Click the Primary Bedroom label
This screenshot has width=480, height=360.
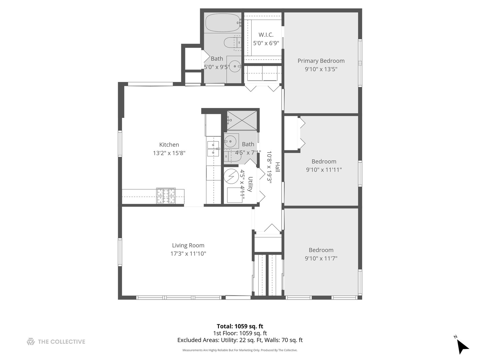pyautogui.click(x=321, y=61)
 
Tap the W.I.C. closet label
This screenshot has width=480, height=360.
pyautogui.click(x=266, y=35)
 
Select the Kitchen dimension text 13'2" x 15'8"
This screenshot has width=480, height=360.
pyautogui.click(x=169, y=153)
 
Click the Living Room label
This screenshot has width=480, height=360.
pyautogui.click(x=188, y=245)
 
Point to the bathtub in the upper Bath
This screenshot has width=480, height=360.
pyautogui.click(x=222, y=23)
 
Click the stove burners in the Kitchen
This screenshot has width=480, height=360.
pyautogui.click(x=166, y=196)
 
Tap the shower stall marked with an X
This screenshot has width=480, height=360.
pyautogui.click(x=242, y=120)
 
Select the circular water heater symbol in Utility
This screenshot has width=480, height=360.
pyautogui.click(x=230, y=176)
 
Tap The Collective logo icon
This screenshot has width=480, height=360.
pyautogui.click(x=31, y=341)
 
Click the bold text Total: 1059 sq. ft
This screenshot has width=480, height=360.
pyautogui.click(x=240, y=326)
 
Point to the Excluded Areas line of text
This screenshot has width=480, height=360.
pyautogui.click(x=240, y=340)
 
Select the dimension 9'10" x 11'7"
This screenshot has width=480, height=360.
pyautogui.click(x=321, y=258)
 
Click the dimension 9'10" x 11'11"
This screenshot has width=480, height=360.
pyautogui.click(x=324, y=170)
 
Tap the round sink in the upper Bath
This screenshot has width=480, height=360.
pyautogui.click(x=235, y=66)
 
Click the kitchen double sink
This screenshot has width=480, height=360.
pyautogui.click(x=213, y=149)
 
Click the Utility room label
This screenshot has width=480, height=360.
pyautogui.click(x=250, y=184)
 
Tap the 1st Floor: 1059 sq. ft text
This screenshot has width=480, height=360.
pyautogui.click(x=240, y=333)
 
